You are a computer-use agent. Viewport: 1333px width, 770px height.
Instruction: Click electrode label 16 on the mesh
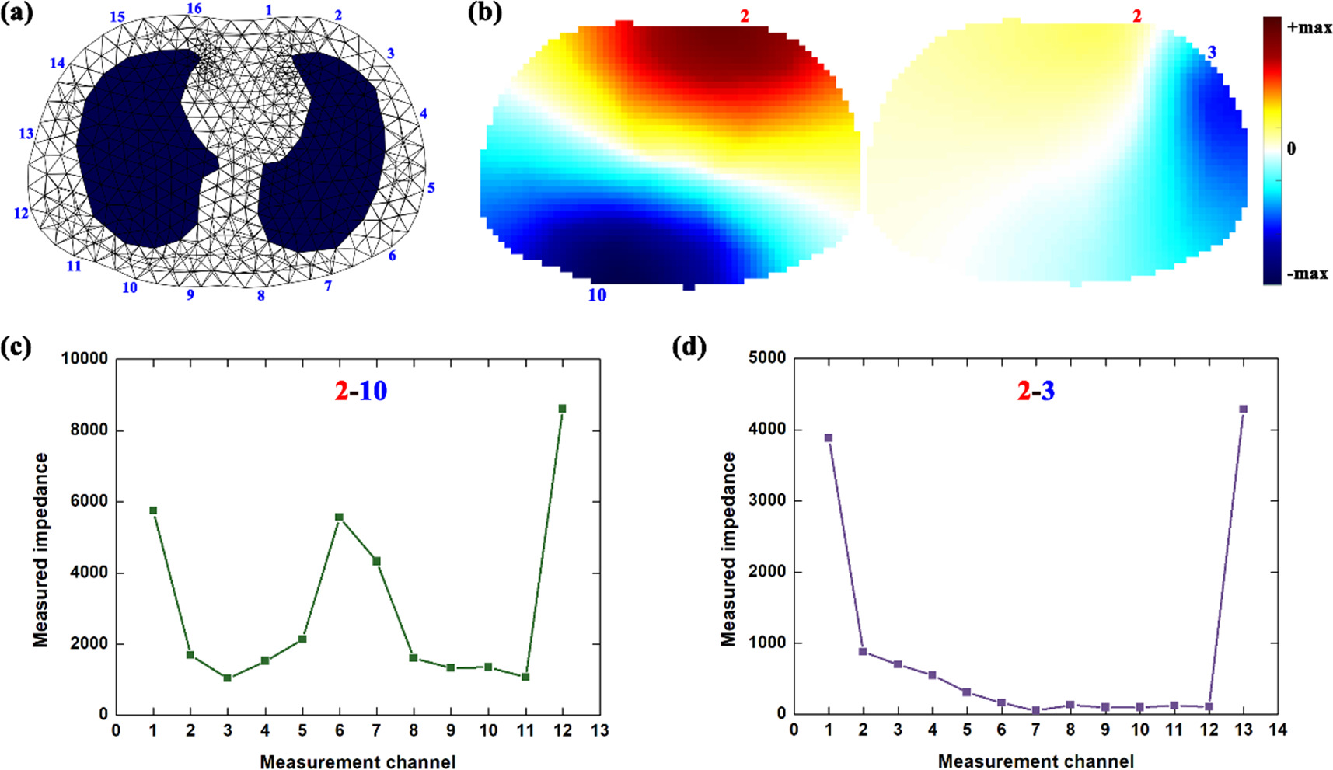pos(194,9)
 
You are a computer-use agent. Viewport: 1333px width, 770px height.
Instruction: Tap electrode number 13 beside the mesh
pos(26,134)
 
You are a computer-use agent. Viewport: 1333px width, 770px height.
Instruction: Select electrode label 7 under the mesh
pos(328,286)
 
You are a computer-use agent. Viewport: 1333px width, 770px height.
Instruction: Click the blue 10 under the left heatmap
pos(597,295)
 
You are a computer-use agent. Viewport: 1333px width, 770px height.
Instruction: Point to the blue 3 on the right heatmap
pos(1212,53)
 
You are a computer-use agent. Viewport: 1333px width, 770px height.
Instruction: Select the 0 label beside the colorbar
pos(1292,148)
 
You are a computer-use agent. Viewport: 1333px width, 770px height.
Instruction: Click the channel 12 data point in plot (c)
pos(562,409)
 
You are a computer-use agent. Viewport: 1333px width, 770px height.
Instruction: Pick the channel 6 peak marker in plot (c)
pos(339,517)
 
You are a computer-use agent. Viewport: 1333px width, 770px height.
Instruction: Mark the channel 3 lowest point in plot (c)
pos(227,678)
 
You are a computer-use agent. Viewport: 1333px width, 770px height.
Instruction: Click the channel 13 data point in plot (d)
pos(1243,409)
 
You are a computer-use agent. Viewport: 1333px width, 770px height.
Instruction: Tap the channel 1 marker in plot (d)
pos(829,438)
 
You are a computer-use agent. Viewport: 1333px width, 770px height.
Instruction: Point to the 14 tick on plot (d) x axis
pos(1277,730)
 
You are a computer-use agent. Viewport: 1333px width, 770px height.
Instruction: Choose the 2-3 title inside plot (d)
pos(1036,390)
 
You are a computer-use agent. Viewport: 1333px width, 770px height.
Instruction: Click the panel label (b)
pos(484,12)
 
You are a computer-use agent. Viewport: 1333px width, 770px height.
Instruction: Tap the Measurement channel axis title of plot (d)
pos(1035,761)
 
